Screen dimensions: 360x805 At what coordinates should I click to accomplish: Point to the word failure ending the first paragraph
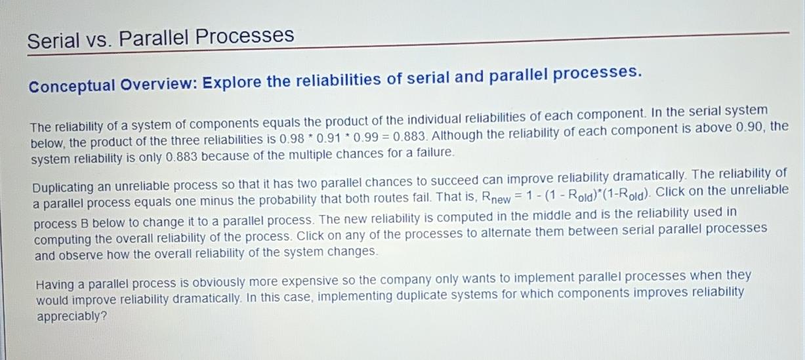[433, 152]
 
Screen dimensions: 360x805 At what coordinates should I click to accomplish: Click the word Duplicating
[66, 187]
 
